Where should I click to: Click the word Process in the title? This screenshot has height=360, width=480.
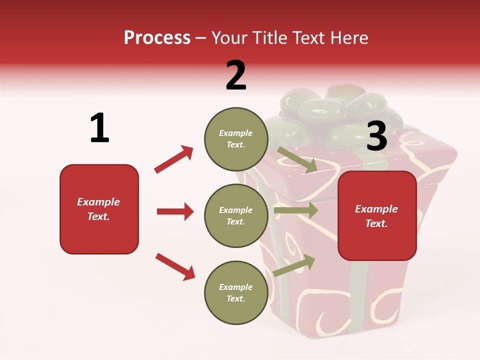[x=157, y=38]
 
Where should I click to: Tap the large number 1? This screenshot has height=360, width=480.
[x=99, y=128]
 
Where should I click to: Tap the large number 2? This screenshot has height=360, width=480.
[x=235, y=76]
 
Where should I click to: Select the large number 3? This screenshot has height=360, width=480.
[x=376, y=136]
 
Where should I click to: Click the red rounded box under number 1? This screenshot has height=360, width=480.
[x=99, y=209]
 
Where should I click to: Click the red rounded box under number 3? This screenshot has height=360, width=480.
[x=377, y=215]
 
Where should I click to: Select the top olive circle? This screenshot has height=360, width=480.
[x=235, y=139]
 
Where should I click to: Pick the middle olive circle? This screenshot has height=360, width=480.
[x=235, y=215]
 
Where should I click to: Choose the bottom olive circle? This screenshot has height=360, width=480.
[x=235, y=292]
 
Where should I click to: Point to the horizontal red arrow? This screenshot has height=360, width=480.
[x=175, y=211]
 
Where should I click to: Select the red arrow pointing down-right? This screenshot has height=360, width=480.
[x=175, y=266]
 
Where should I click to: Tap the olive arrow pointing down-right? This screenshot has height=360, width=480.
[x=297, y=160]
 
